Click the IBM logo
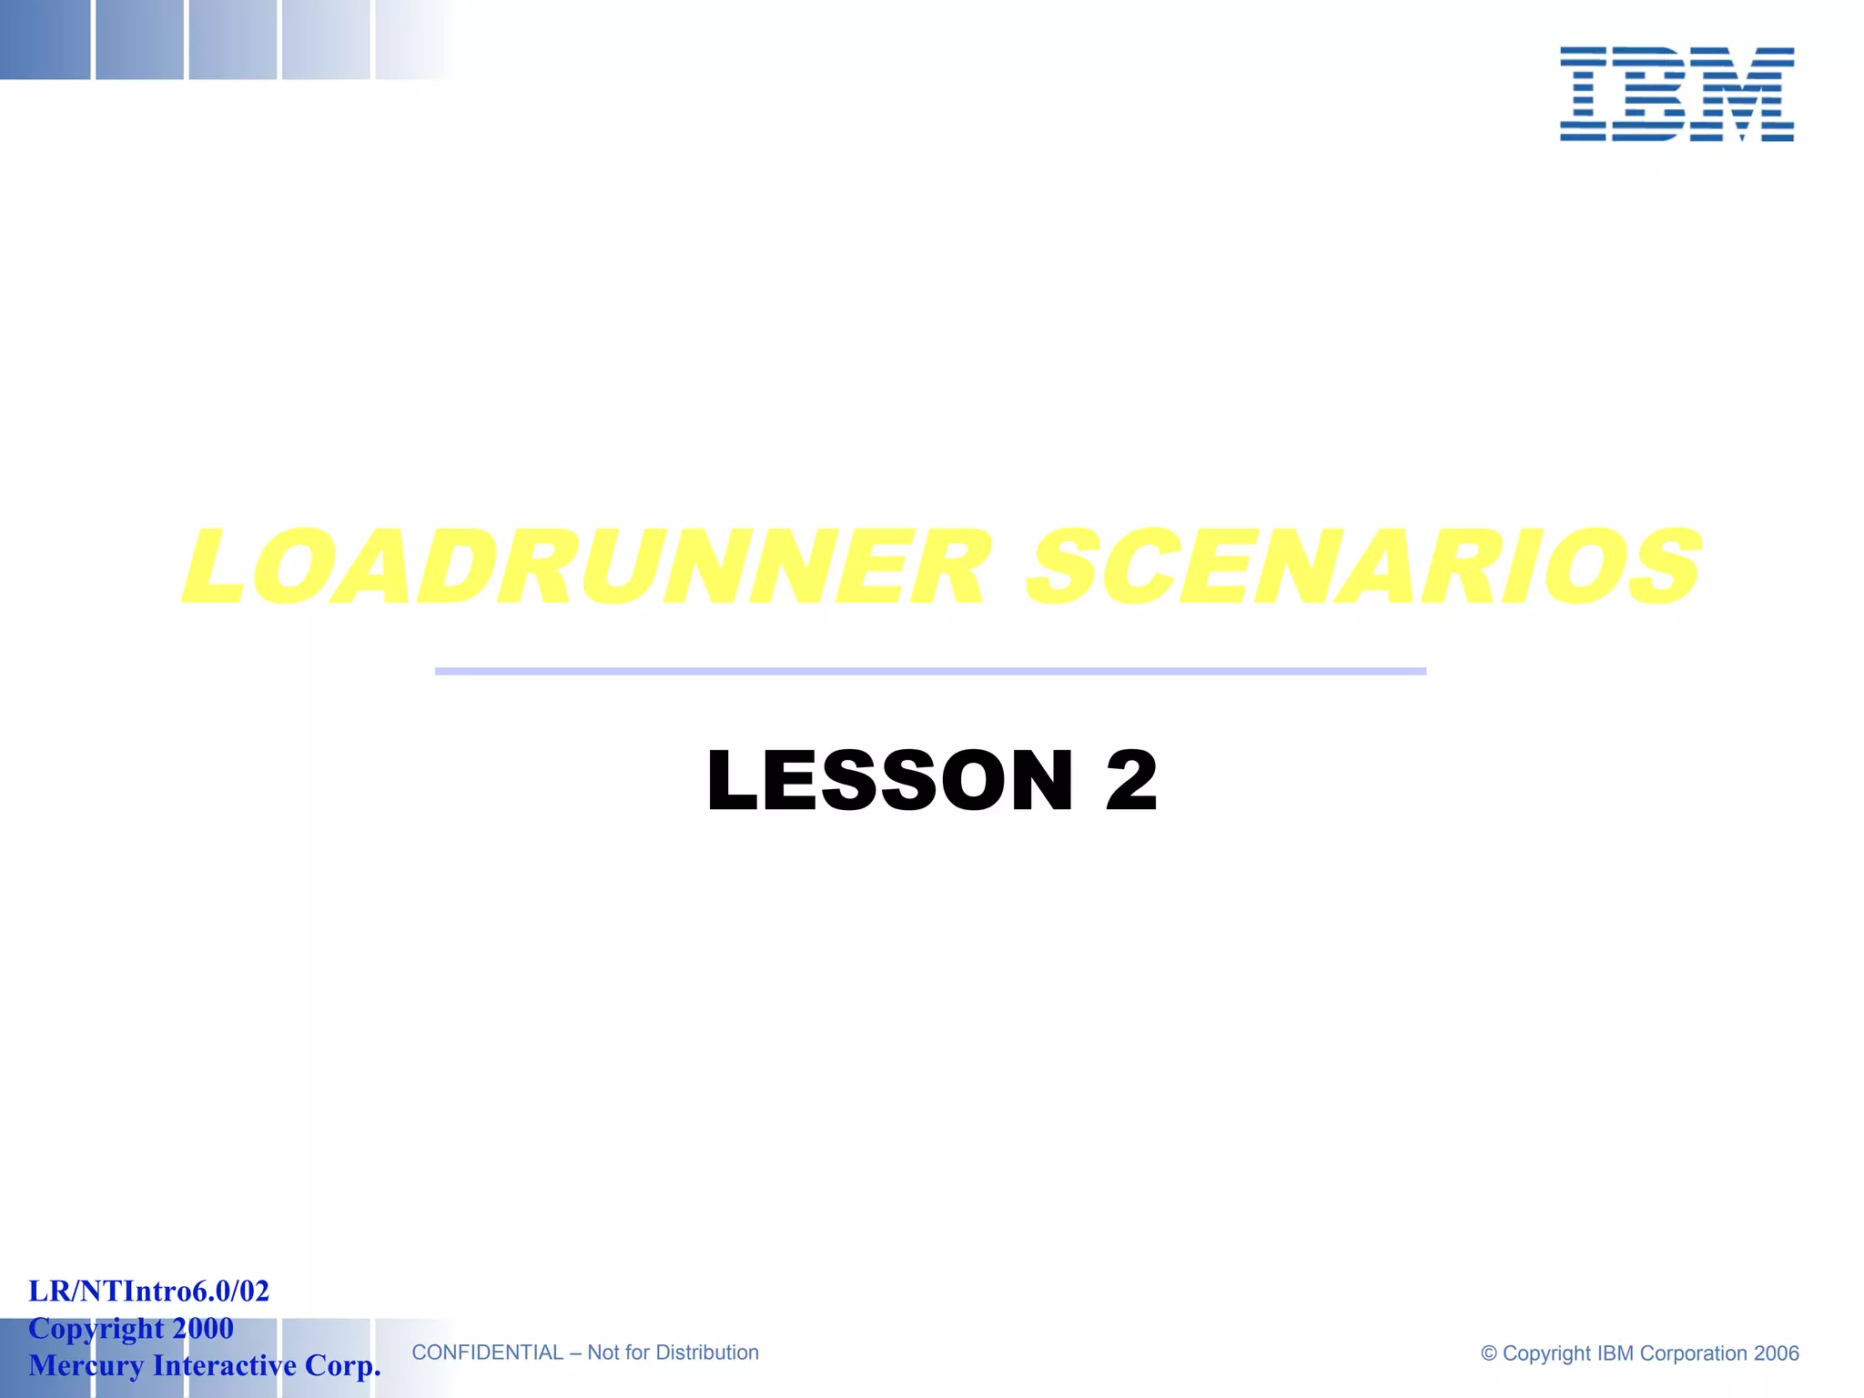tap(1677, 95)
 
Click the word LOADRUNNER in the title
tap(585, 568)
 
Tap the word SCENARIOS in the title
tap(1363, 568)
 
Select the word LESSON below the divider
tap(890, 780)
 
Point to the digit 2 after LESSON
tap(1131, 780)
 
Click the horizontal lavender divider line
tap(930, 672)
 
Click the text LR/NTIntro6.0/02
tap(149, 1291)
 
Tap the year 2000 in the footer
tap(203, 1328)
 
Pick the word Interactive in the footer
tap(225, 1365)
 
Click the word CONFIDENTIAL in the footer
tap(487, 1352)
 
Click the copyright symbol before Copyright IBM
tap(1489, 1353)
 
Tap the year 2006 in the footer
tap(1777, 1353)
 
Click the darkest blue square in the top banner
tap(45, 39)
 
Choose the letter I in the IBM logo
tap(1583, 95)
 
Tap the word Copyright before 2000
tap(96, 1328)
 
